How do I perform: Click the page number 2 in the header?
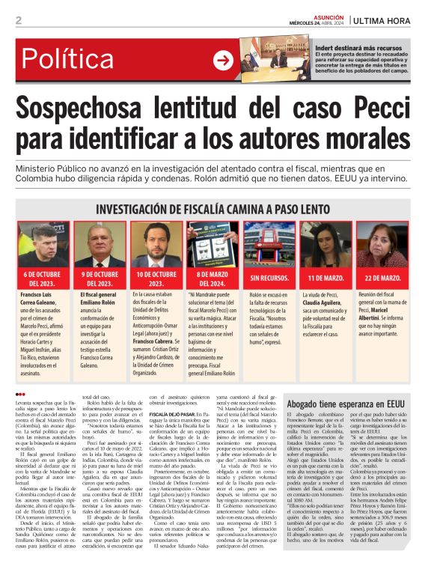pos(19,20)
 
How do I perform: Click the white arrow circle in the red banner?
pos(222,61)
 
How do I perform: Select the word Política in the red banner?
pos(73,60)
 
